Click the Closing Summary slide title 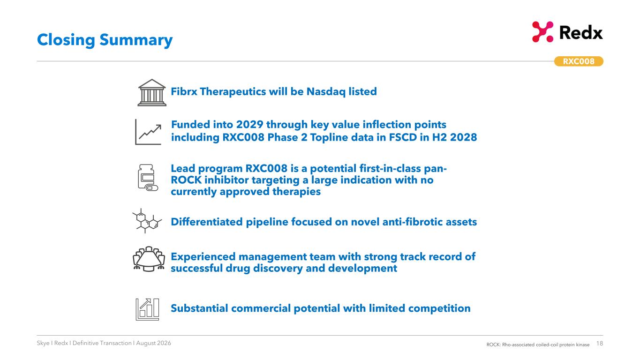tap(105, 40)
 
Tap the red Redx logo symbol tap(542, 32)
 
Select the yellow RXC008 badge tap(579, 61)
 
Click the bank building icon tap(152, 92)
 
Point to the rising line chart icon tap(148, 132)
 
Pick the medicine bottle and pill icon tap(148, 178)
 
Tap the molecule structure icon tap(147, 221)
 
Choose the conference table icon tap(149, 259)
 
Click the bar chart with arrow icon tap(147, 309)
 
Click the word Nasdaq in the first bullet tap(326, 92)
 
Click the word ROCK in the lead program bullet tap(186, 180)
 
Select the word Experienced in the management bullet tap(203, 257)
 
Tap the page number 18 tap(599, 344)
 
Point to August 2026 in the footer tap(153, 343)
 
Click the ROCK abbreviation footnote tap(538, 345)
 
